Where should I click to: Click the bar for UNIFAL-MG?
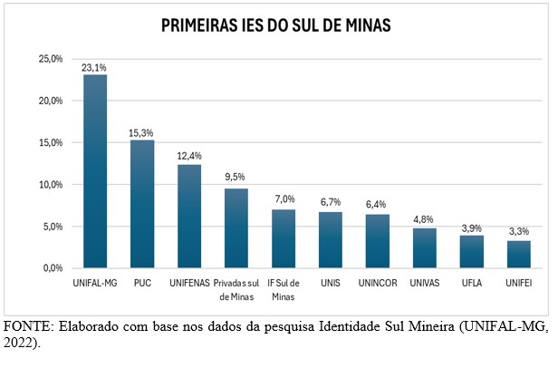[95, 172]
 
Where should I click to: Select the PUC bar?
[142, 204]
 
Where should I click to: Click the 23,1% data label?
[95, 66]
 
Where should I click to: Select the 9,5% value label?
[236, 178]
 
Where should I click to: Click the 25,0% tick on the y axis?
[50, 59]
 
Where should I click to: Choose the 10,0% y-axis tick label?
[50, 185]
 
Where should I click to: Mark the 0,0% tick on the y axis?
[52, 268]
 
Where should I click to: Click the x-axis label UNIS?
[331, 284]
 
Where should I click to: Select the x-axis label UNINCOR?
[378, 284]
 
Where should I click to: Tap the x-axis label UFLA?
[472, 284]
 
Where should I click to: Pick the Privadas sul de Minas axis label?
[236, 290]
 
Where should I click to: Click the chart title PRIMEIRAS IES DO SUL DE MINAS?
[277, 25]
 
